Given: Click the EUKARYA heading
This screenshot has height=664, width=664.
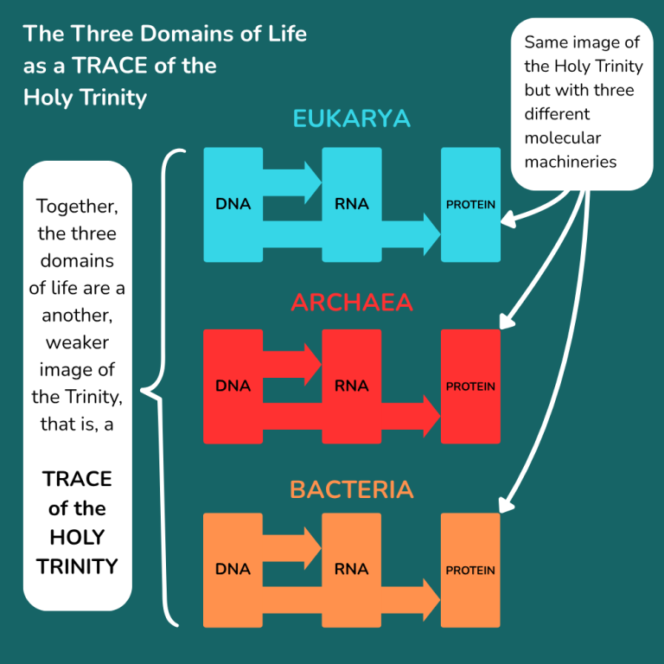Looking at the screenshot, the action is point(352,118).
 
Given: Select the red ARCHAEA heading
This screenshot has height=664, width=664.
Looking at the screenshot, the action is point(352,303).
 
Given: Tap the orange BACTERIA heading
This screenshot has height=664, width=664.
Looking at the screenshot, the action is point(352,489).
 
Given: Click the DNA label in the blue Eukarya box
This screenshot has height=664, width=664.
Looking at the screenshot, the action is point(233,204).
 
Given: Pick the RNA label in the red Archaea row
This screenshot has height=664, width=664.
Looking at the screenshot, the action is point(352,386).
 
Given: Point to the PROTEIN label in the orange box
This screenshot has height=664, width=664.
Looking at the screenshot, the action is point(470,571).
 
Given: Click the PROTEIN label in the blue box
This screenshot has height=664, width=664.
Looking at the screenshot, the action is point(470,205).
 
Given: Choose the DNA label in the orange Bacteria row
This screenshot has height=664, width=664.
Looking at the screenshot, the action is point(233,569).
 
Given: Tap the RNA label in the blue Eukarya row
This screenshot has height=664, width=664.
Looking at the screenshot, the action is point(352,204).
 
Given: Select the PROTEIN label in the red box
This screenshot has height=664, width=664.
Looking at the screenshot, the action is point(470,386).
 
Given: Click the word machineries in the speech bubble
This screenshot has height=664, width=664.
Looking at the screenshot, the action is point(571,162).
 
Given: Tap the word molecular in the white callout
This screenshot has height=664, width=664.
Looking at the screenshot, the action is point(562,138).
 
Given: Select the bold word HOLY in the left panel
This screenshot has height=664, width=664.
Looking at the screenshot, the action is point(77,538).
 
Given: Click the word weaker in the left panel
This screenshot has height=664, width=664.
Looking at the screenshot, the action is point(77,342).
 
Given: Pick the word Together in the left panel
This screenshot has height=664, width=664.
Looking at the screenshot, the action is point(77,207).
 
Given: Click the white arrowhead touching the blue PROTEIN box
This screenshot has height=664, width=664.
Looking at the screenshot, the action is point(508,220).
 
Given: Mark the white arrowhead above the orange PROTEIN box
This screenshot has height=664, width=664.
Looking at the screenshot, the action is point(506,505).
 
